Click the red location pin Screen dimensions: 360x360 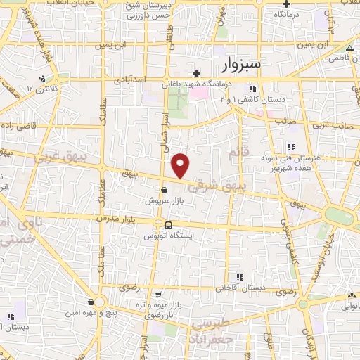point(181,165)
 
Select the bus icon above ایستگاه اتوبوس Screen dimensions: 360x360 point(168,225)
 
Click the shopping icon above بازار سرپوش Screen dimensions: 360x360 point(164,189)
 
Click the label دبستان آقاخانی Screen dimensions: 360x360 point(239,288)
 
